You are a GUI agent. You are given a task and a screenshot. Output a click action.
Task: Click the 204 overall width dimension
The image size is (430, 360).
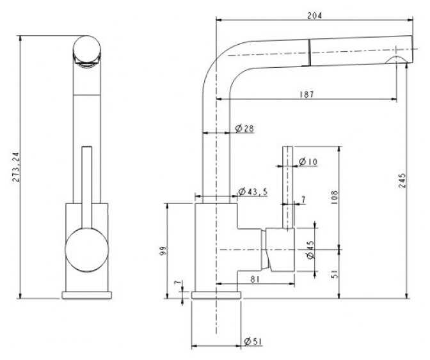[314, 16]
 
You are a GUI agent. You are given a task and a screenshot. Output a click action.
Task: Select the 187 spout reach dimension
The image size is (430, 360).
[307, 94]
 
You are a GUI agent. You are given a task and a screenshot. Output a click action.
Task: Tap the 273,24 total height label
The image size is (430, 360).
[16, 167]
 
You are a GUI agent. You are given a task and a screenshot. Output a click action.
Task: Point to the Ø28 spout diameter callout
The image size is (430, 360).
[244, 129]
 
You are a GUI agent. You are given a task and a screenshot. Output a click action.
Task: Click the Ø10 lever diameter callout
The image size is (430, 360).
[308, 162]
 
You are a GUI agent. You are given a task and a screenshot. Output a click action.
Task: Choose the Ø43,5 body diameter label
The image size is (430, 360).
[253, 191]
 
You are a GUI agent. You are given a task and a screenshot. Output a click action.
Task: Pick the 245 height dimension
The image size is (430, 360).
[402, 180]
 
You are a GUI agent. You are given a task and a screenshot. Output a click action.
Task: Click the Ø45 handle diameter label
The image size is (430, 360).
[310, 250]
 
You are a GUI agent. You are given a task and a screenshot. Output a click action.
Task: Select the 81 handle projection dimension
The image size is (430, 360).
[255, 279]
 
